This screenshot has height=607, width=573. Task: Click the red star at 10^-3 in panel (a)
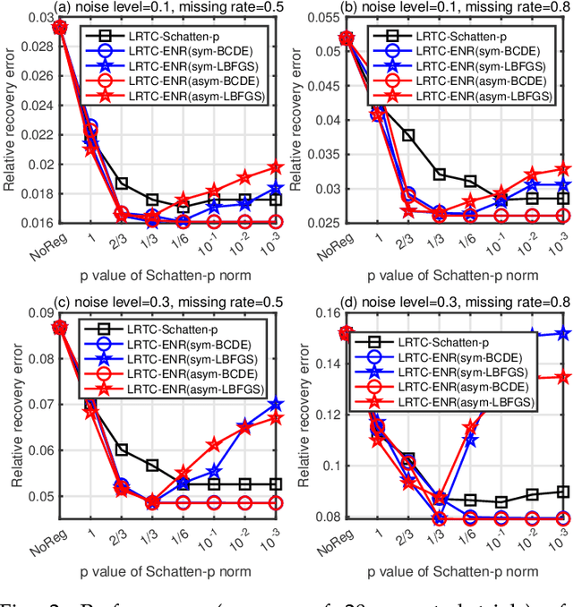pos(276,167)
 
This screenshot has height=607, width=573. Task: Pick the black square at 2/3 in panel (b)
pos(408,135)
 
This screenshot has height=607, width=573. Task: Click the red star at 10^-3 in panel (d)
pos(565,377)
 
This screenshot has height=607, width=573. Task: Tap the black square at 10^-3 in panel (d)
pos(565,492)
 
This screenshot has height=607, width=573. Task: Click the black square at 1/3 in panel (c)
pos(151,466)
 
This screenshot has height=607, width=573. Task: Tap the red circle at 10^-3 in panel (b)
pos(565,216)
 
